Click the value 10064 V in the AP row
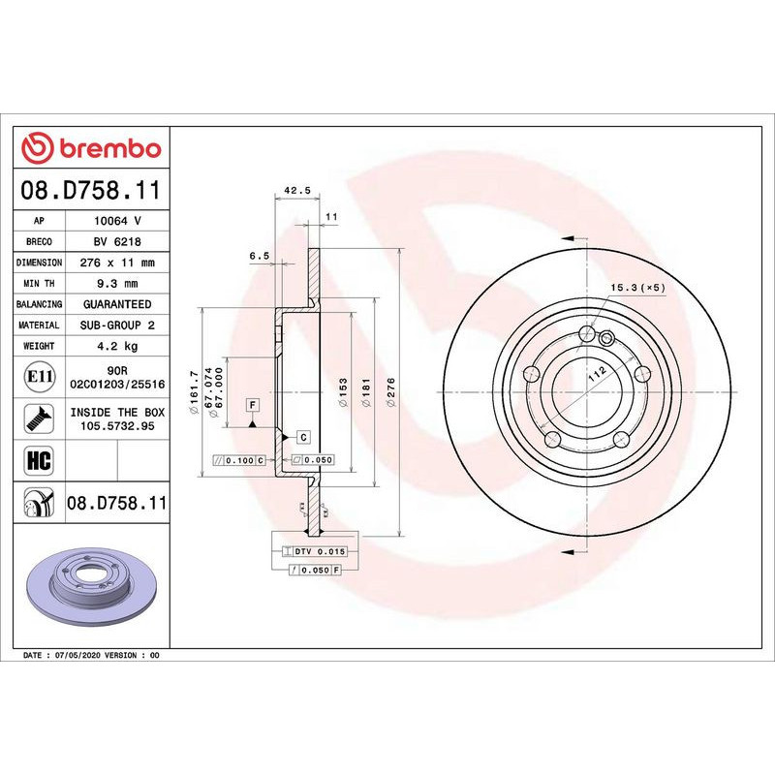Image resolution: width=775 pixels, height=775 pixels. tap(117, 221)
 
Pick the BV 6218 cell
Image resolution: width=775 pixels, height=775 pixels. tap(117, 242)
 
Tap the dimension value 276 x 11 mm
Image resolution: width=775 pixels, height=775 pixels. tap(117, 263)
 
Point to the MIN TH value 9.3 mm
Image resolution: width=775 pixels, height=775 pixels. tap(117, 283)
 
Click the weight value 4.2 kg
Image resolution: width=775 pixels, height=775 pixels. tap(117, 346)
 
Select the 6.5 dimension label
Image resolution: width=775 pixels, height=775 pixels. tap(259, 256)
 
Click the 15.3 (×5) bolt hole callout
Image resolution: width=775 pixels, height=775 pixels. tap(635, 288)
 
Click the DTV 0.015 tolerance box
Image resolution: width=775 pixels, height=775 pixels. tap(319, 551)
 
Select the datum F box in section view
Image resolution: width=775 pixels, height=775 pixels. tap(252, 404)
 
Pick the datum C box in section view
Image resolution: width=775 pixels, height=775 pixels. tap(302, 437)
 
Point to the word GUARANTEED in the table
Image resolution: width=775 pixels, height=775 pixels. tap(117, 304)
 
